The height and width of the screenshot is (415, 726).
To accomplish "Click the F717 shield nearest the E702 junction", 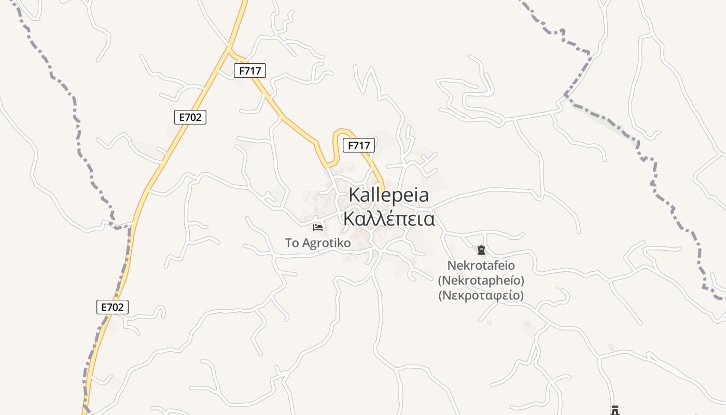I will point(250,71).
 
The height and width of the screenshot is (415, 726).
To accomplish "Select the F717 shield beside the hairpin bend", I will point(359,146).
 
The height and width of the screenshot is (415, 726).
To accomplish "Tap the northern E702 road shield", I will point(190,117).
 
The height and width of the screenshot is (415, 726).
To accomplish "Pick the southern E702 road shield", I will point(113,307).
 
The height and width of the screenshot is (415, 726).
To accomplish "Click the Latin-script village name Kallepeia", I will point(388,195).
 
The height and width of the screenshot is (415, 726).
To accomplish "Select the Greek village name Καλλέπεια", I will point(388,219).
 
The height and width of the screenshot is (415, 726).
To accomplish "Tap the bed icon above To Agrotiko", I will point(318,228).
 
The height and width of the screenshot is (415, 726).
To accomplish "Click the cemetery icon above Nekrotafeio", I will point(481,251).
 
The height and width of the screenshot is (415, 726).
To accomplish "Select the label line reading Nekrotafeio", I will point(481,266).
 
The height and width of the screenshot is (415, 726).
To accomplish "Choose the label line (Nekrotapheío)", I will point(481,281).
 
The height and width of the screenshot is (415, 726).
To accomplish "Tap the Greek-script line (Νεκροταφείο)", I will point(481,296).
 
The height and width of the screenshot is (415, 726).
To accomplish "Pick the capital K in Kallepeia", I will point(355,195).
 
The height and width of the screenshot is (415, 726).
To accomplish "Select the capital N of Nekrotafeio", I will point(451,266).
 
